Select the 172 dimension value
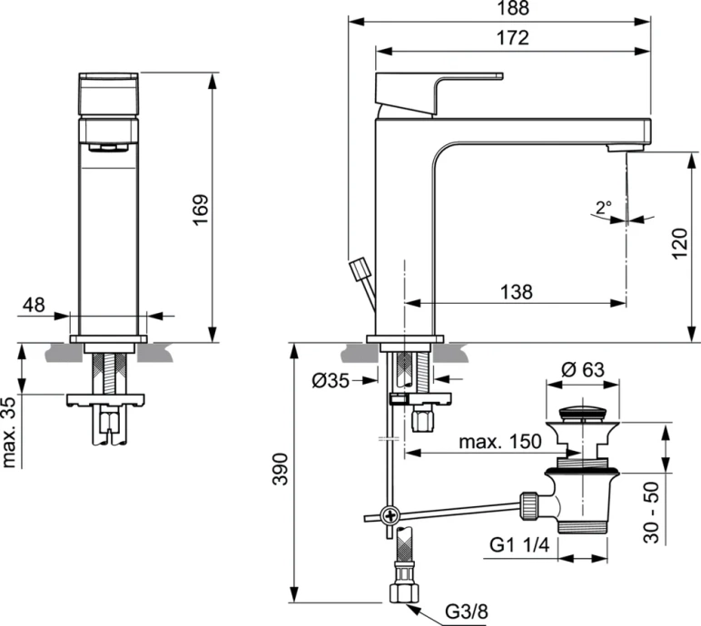513,38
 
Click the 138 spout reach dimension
515,291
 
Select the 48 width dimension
34,305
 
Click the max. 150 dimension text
500,441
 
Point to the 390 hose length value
281,469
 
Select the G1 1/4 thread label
517,545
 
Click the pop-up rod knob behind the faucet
360,269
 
